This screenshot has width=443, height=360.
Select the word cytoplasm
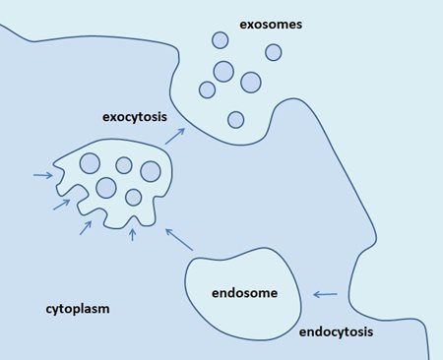77,309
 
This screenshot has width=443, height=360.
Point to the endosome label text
244,293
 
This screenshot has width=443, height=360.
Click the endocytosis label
336,332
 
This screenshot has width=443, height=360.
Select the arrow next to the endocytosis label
325,294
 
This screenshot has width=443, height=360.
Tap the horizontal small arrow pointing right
42,176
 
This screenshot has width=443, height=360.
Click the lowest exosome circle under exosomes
235,119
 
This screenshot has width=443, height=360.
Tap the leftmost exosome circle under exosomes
207,90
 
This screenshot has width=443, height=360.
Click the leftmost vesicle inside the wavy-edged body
90,163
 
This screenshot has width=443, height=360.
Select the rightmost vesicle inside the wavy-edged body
151,172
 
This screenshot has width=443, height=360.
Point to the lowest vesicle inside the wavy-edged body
133,197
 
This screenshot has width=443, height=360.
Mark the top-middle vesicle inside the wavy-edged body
124,165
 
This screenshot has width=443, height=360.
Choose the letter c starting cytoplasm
49,309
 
